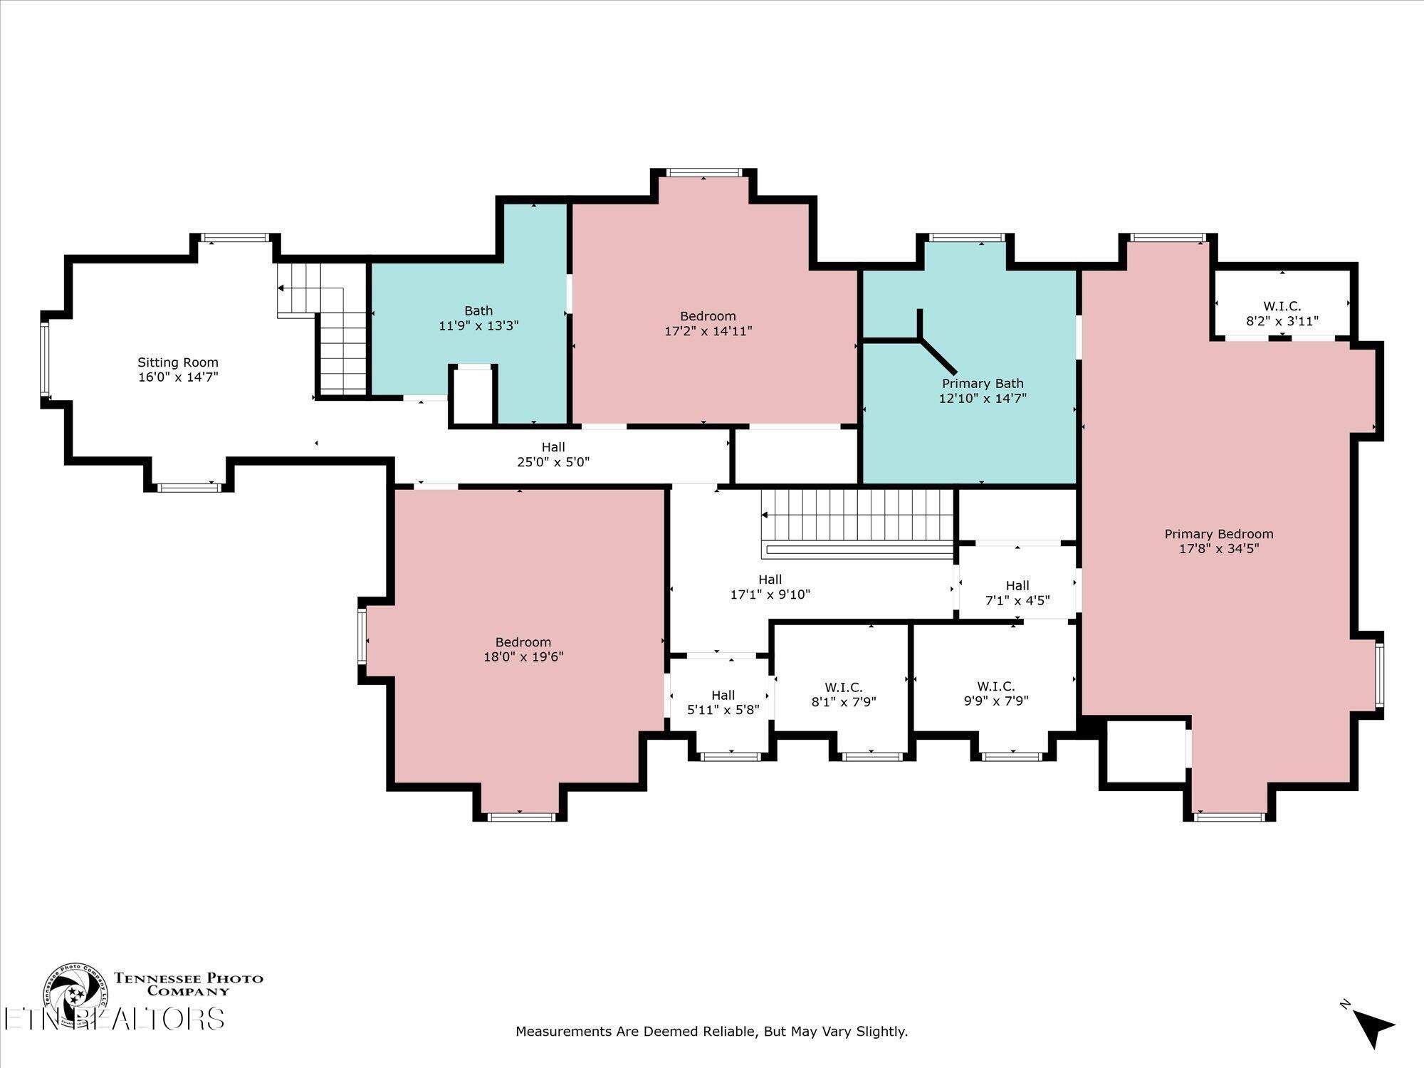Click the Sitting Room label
(x=178, y=362)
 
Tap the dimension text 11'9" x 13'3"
(x=478, y=326)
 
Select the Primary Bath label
(x=983, y=384)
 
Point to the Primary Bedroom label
(x=1219, y=534)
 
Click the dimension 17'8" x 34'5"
(x=1219, y=549)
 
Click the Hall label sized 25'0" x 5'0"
(x=553, y=447)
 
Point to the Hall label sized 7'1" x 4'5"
(x=1017, y=585)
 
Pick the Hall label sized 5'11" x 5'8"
(x=723, y=695)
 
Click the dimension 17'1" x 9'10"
(x=770, y=595)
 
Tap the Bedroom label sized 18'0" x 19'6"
(x=523, y=642)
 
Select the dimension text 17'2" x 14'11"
(x=708, y=331)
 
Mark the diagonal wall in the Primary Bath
(x=938, y=357)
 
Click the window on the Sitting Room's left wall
(x=45, y=358)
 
